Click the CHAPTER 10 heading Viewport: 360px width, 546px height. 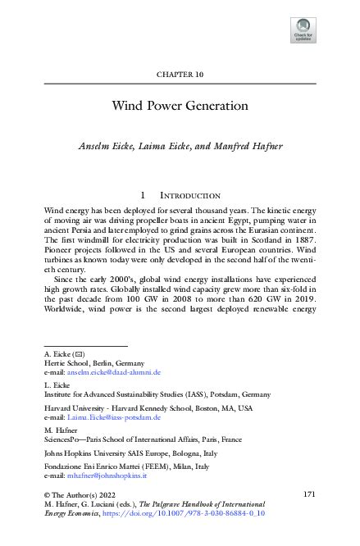[180, 74]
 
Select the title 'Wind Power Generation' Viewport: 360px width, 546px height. [180, 106]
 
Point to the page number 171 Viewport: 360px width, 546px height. [309, 494]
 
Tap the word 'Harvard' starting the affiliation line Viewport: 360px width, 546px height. [58, 407]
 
